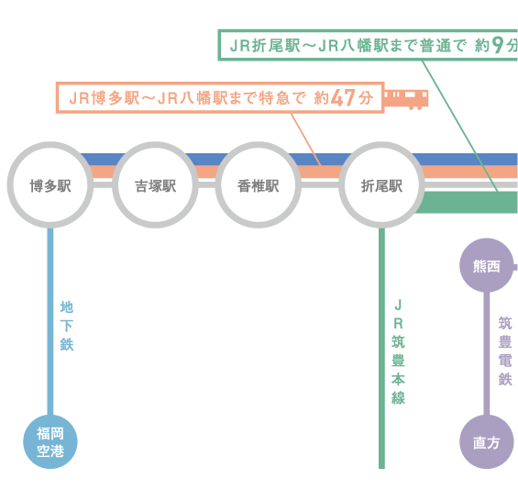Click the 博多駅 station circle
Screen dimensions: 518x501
[50, 184]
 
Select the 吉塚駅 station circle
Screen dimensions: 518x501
[155, 184]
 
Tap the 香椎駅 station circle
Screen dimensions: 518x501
[258, 184]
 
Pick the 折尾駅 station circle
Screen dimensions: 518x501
[381, 184]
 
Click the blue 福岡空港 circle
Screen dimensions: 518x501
[50, 441]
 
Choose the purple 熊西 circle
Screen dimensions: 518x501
[487, 265]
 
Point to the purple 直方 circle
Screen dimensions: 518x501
[487, 441]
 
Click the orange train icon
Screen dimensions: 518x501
[406, 99]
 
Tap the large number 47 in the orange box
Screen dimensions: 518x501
[343, 97]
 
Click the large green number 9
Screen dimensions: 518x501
[498, 45]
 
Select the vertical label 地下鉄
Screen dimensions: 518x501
[66, 326]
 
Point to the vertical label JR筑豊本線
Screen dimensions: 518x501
[398, 351]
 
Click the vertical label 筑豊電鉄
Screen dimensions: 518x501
[505, 351]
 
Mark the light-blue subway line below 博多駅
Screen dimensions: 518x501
[50, 321]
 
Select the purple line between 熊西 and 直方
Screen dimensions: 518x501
[487, 353]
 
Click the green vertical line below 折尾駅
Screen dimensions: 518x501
[381, 348]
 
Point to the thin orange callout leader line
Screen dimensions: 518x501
[305, 139]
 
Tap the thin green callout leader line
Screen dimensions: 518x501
[460, 126]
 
